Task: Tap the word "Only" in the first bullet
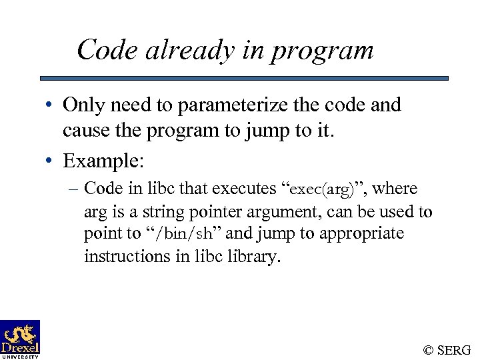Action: coord(82,105)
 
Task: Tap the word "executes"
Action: coord(244,189)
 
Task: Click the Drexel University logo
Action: coord(20,339)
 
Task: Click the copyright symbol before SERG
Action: coord(429,350)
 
